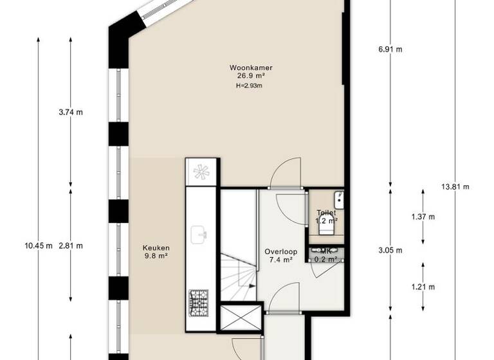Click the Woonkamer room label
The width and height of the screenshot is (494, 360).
click(250, 67)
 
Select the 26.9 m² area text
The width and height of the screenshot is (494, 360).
click(250, 75)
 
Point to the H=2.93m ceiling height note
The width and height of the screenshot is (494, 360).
click(250, 85)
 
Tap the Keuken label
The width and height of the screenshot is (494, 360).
click(156, 247)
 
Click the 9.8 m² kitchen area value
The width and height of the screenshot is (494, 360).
click(156, 255)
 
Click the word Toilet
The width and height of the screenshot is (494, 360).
click(325, 213)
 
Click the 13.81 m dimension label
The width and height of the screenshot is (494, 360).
click(455, 187)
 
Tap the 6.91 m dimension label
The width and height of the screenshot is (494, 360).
click(390, 49)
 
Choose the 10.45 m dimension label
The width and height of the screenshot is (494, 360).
click(38, 246)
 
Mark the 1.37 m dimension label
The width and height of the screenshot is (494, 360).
click(423, 217)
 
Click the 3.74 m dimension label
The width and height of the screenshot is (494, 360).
click(70, 112)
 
